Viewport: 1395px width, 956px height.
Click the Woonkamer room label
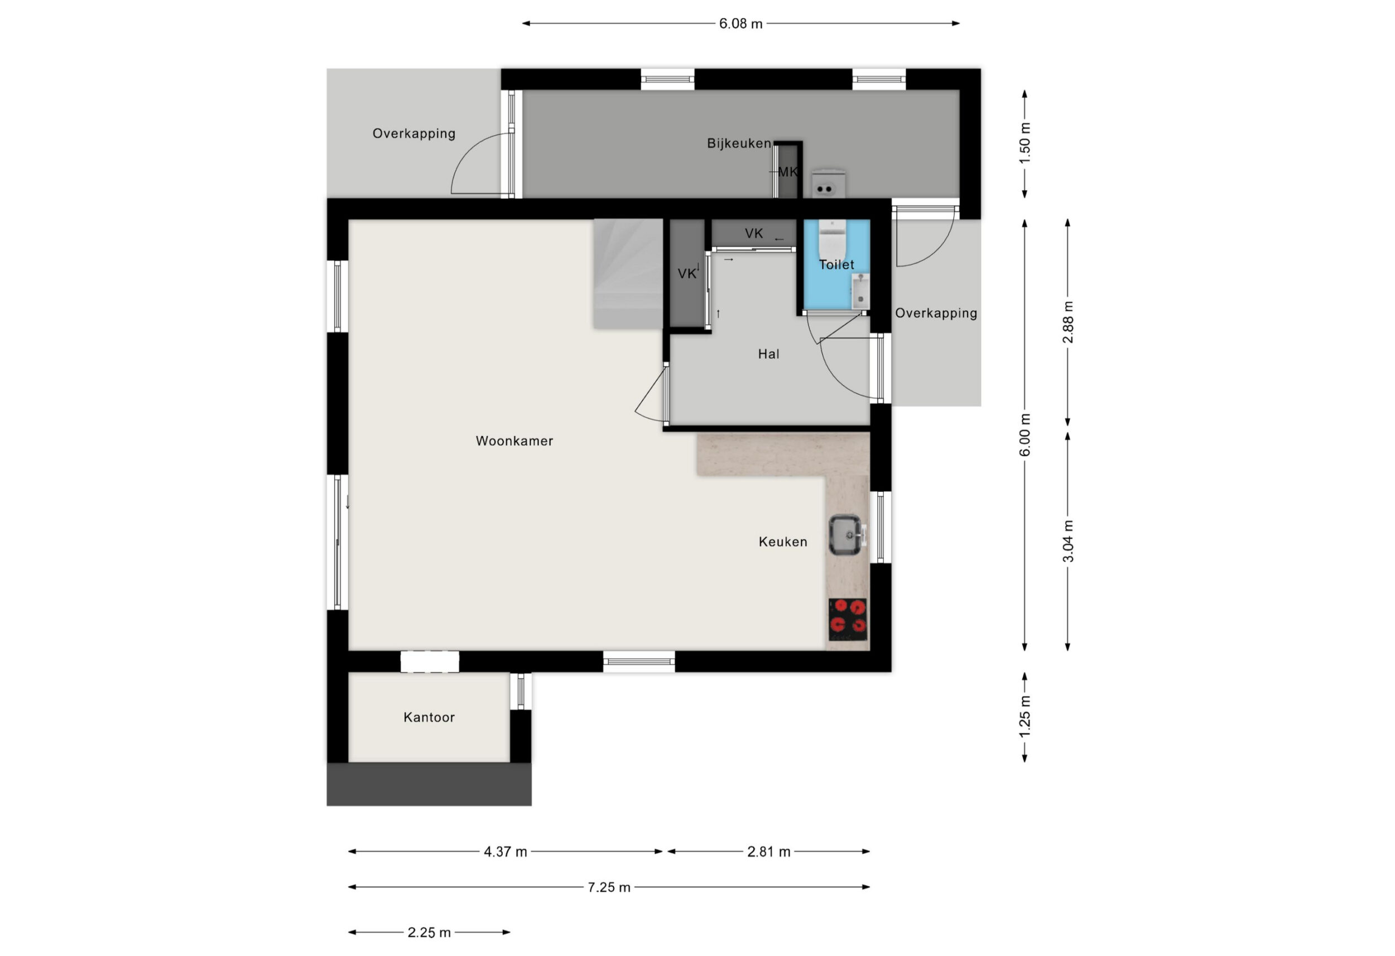(x=514, y=441)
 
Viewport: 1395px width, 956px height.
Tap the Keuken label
(x=783, y=542)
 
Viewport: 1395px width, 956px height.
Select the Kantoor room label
(x=429, y=717)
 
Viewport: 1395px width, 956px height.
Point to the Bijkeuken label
(x=738, y=143)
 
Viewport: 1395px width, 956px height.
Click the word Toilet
(x=836, y=264)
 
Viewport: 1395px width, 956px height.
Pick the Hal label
(x=768, y=354)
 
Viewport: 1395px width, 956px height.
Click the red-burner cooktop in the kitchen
(x=848, y=619)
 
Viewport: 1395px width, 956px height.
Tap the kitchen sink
(x=846, y=534)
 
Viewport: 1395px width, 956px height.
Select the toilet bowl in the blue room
(x=832, y=238)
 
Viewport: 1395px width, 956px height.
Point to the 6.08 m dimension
(x=740, y=24)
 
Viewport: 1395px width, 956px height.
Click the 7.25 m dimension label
(x=609, y=887)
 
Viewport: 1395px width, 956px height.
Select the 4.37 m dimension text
(x=506, y=852)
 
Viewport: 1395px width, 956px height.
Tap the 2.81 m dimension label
(x=768, y=852)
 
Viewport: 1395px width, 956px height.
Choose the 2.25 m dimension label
(x=429, y=933)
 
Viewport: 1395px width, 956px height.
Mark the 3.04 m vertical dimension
(x=1068, y=542)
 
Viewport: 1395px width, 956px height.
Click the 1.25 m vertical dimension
(x=1024, y=717)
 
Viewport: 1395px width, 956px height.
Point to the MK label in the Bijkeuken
(x=788, y=172)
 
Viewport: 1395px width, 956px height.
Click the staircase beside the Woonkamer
(x=628, y=274)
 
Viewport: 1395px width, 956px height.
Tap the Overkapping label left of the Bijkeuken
(x=413, y=134)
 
